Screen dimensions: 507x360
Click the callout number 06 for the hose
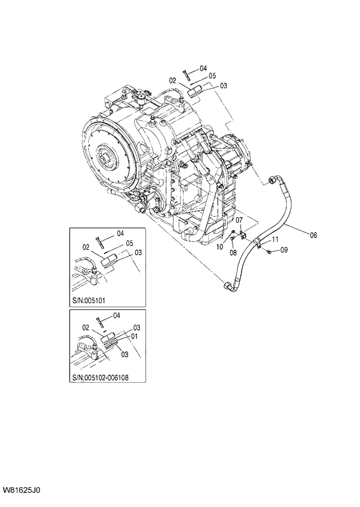(x=313, y=235)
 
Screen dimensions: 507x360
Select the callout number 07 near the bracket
(x=238, y=219)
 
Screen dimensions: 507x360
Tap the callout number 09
(x=284, y=250)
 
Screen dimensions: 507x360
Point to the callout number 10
(x=219, y=247)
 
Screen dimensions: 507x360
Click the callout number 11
(x=276, y=239)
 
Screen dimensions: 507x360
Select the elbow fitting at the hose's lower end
(x=227, y=285)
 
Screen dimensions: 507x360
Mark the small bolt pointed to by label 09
(x=271, y=251)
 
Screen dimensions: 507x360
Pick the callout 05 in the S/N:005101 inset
(x=130, y=243)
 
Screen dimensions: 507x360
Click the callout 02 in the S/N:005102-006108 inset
(x=86, y=328)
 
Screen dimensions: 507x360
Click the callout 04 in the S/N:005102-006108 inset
(x=116, y=315)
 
